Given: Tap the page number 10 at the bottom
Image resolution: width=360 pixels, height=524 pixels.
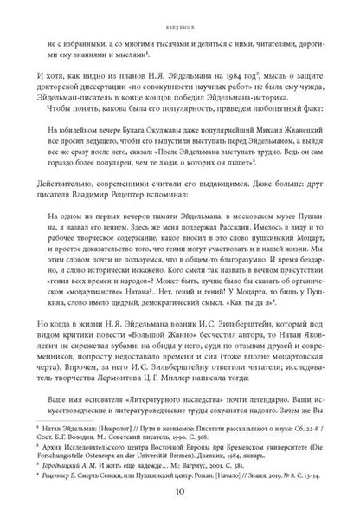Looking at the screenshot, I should tap(180, 506).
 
